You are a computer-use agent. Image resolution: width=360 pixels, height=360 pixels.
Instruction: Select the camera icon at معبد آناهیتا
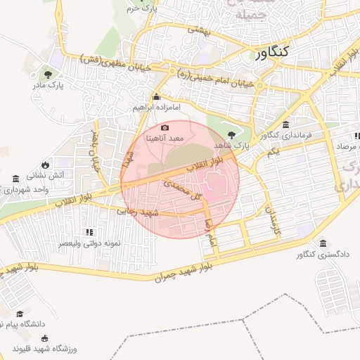coord(165,127)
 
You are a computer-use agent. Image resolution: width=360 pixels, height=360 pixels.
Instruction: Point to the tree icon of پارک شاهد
coord(232,133)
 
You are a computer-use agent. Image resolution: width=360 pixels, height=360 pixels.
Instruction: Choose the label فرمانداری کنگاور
coord(285,135)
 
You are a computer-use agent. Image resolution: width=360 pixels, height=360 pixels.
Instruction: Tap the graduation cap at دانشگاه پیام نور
coord(20,314)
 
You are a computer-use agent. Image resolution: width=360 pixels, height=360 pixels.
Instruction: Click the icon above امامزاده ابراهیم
coord(157,97)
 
